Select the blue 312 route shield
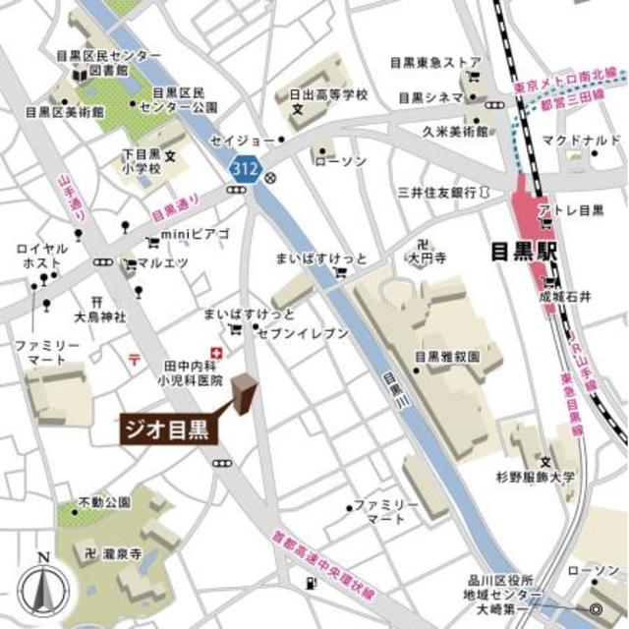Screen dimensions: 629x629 (245, 169)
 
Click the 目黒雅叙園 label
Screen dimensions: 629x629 (447, 359)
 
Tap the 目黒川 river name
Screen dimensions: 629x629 (390, 380)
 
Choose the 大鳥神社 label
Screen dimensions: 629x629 (100, 316)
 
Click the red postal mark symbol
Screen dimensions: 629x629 (135, 359)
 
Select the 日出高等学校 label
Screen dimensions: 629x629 (326, 94)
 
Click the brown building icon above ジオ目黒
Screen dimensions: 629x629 (243, 393)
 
